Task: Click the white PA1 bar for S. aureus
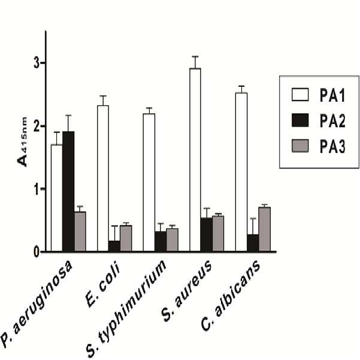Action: click(195, 160)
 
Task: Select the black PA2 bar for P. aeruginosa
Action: click(68, 192)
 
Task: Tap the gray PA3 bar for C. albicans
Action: click(265, 229)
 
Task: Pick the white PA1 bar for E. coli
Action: click(103, 179)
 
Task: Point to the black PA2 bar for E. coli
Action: click(114, 246)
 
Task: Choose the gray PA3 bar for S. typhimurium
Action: click(172, 240)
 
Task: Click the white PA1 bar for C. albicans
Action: click(241, 172)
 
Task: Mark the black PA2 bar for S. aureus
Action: click(207, 235)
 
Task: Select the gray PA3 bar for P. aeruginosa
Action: click(80, 231)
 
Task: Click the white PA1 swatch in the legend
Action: click(300, 95)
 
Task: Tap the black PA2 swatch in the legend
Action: click(300, 120)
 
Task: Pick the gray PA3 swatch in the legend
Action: click(300, 146)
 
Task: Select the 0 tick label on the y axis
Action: click(37, 252)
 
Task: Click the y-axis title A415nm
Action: click(23, 141)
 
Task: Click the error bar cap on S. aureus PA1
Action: click(195, 56)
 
